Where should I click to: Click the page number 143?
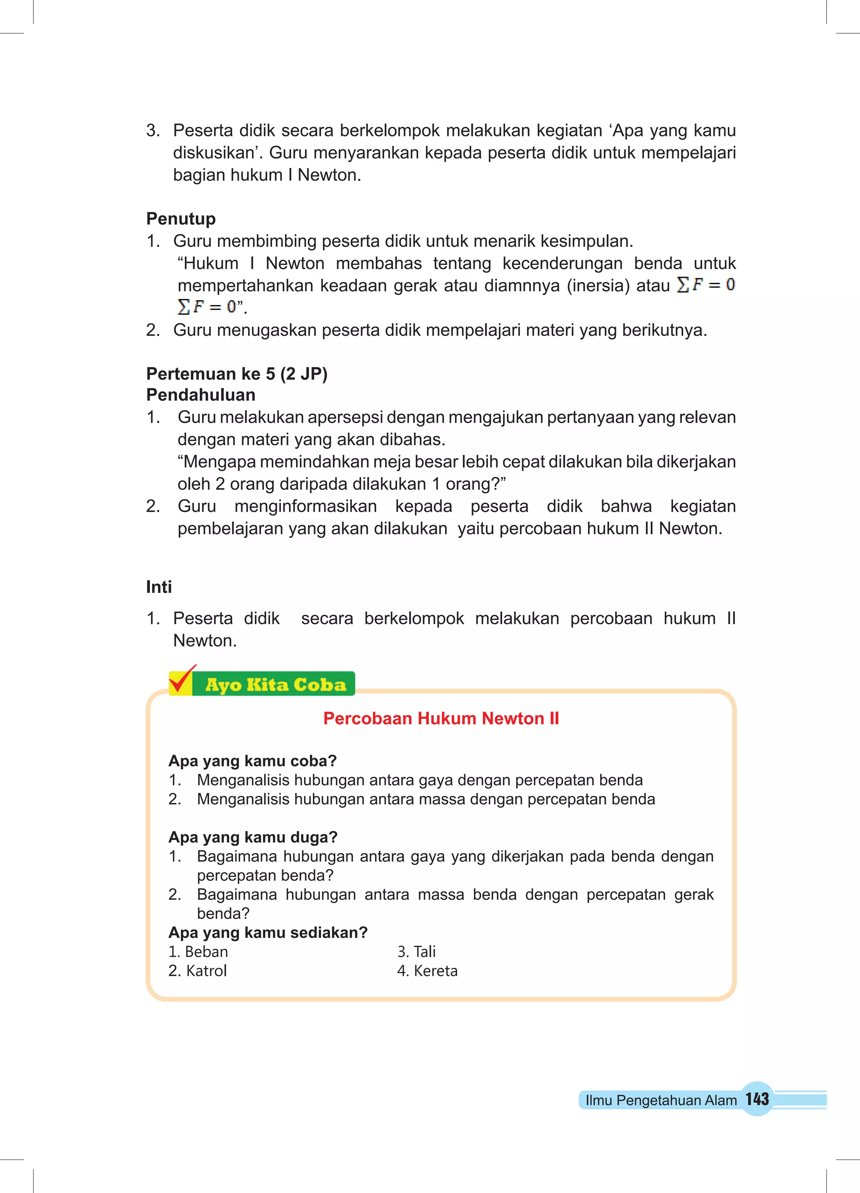click(x=757, y=1099)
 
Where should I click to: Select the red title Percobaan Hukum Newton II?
click(x=441, y=719)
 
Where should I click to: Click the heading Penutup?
click(x=181, y=219)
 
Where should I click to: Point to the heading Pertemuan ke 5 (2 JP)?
click(x=237, y=374)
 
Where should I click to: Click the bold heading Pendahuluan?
click(x=201, y=395)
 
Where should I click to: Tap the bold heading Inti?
click(x=159, y=587)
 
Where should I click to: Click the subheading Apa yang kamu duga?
click(x=253, y=837)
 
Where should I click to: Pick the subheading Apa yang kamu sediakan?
click(x=268, y=933)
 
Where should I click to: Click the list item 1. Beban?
click(x=199, y=952)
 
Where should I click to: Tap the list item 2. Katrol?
click(x=198, y=971)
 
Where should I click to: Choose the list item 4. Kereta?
click(x=427, y=971)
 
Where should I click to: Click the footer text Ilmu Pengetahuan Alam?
click(x=661, y=1100)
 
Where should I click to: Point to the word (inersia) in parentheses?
click(x=598, y=285)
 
